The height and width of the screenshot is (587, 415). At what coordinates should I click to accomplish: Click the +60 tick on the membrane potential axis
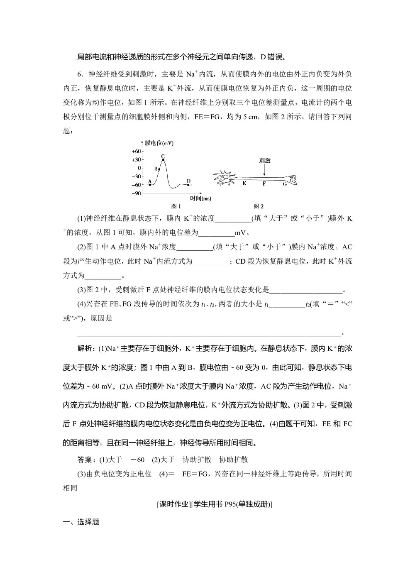(x=136, y=152)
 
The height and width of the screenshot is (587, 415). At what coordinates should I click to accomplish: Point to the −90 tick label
(x=136, y=193)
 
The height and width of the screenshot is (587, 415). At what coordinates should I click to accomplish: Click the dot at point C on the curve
(x=163, y=160)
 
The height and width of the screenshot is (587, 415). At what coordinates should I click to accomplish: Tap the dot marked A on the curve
(x=149, y=185)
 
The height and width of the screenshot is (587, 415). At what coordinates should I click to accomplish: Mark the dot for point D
(x=188, y=185)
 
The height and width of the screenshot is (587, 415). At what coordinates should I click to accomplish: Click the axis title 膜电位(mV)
(x=159, y=143)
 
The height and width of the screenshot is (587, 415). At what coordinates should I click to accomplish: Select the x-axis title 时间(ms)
(x=200, y=198)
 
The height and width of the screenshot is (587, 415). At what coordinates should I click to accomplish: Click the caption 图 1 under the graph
(x=176, y=206)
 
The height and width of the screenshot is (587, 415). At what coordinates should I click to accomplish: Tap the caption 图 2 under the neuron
(x=259, y=206)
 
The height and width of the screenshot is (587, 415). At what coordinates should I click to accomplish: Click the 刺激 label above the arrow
(x=264, y=160)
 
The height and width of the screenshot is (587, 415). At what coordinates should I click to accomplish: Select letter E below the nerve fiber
(x=244, y=183)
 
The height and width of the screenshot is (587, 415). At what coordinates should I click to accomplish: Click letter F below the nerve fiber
(x=264, y=183)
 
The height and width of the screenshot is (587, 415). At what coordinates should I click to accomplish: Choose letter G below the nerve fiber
(x=284, y=183)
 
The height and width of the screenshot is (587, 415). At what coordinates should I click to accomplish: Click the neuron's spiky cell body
(x=225, y=178)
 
